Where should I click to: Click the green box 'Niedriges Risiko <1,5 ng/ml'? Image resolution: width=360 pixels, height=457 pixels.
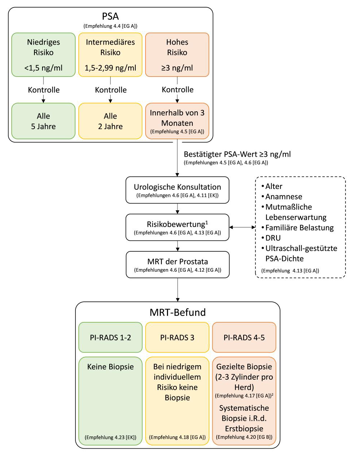pyautogui.click(x=44, y=55)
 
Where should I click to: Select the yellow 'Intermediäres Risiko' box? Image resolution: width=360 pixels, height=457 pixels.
pyautogui.click(x=110, y=55)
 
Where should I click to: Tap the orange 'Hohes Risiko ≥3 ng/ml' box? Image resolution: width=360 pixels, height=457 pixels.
pyautogui.click(x=177, y=55)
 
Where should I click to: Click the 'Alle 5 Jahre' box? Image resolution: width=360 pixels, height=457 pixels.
pyautogui.click(x=44, y=121)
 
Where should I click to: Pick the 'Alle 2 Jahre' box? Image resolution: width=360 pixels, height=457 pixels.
pyautogui.click(x=110, y=121)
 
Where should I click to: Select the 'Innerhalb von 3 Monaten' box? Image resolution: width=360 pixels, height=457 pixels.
pyautogui.click(x=177, y=121)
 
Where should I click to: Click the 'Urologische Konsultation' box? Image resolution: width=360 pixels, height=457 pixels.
pyautogui.click(x=177, y=190)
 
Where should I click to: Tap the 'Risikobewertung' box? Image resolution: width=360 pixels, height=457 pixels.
pyautogui.click(x=177, y=227)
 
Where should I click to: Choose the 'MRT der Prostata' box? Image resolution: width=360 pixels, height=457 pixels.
pyautogui.click(x=177, y=265)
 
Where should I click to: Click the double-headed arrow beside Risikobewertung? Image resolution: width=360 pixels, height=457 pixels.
pyautogui.click(x=242, y=227)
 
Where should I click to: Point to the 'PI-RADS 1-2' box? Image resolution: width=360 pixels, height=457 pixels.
pyautogui.click(x=110, y=337)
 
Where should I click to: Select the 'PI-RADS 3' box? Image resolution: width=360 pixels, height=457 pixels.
pyautogui.click(x=177, y=337)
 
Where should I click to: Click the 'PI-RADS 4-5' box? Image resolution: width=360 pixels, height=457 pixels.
pyautogui.click(x=244, y=337)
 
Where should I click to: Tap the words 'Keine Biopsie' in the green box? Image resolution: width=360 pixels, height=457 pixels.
pyautogui.click(x=110, y=367)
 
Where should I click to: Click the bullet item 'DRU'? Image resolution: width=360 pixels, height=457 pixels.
pyautogui.click(x=273, y=238)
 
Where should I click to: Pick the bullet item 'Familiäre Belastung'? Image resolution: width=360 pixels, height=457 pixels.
pyautogui.click(x=299, y=228)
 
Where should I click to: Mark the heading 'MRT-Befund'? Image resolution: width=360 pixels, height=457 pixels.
pyautogui.click(x=177, y=312)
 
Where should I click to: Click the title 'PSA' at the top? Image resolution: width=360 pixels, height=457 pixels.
pyautogui.click(x=110, y=16)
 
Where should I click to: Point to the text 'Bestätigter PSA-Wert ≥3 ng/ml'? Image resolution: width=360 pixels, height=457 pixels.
pyautogui.click(x=237, y=154)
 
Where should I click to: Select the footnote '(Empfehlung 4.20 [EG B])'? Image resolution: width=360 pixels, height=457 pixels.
pyautogui.click(x=244, y=437)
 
